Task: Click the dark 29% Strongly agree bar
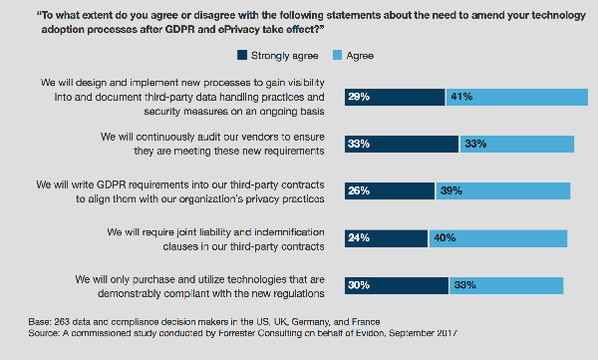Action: pos(394,97)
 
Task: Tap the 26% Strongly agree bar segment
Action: pos(389,190)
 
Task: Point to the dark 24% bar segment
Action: pos(386,237)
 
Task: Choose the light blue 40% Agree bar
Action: pos(497,237)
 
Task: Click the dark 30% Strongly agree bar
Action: pos(396,284)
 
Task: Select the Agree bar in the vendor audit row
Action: pos(516,144)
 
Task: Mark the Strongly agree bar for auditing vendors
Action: pos(401,144)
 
